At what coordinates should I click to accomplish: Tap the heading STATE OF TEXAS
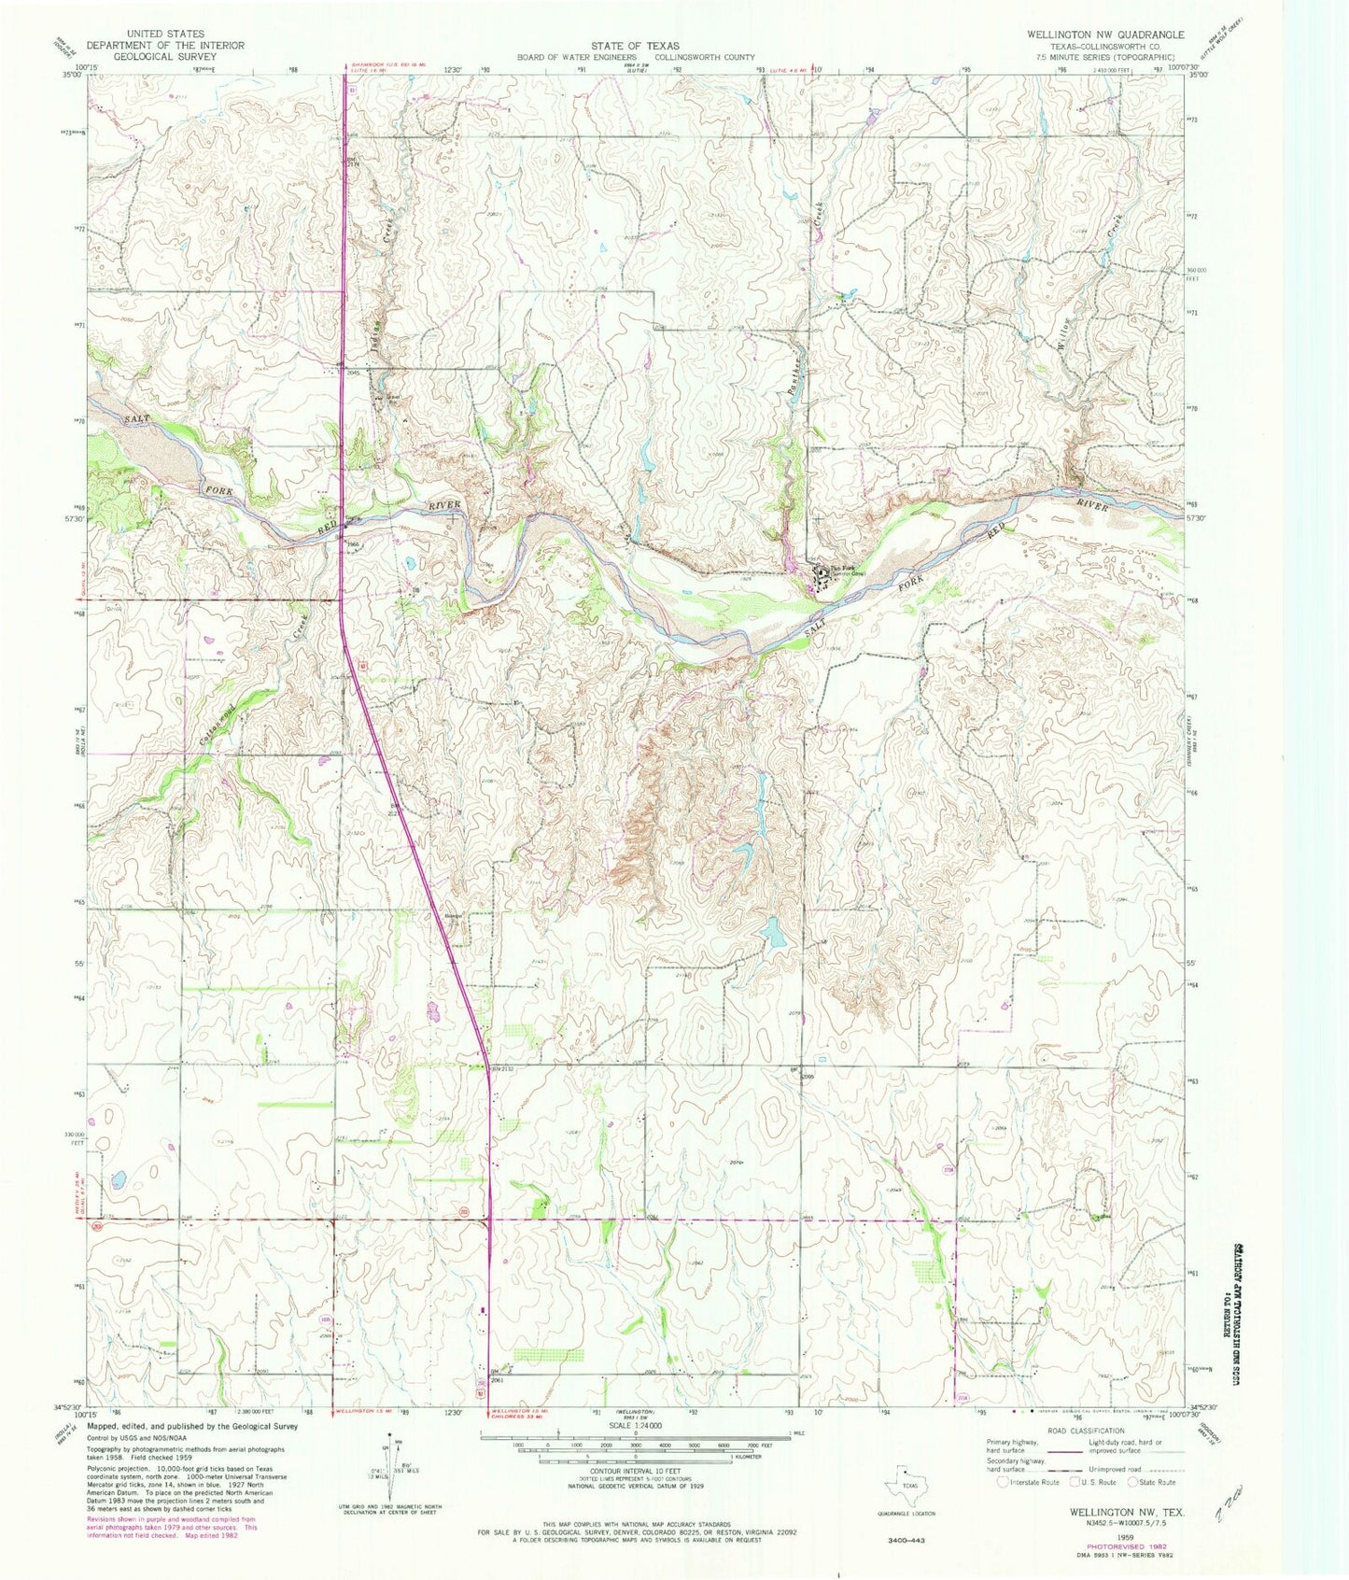(x=635, y=45)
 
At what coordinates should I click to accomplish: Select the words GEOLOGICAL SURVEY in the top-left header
(x=163, y=56)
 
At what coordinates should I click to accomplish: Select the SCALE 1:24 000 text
(x=635, y=1426)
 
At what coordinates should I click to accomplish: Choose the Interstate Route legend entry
(x=1027, y=1482)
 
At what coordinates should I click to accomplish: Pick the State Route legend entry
(x=1153, y=1482)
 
